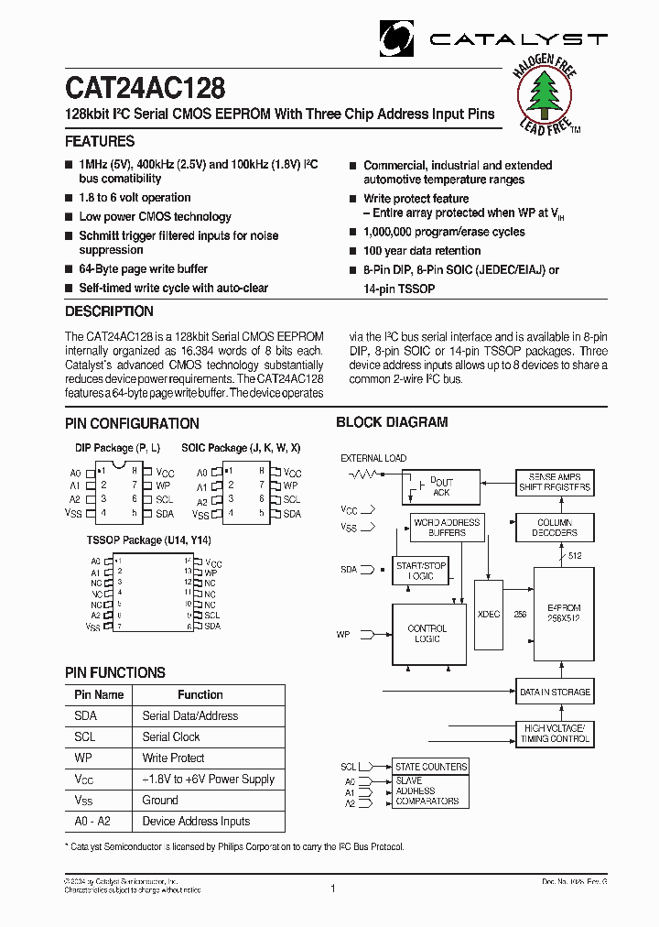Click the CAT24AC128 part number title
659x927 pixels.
(146, 88)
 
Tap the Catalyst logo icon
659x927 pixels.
(397, 38)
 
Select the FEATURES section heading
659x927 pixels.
(100, 141)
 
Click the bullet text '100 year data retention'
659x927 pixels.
(422, 251)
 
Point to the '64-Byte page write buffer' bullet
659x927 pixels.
(143, 269)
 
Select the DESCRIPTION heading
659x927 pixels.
(108, 311)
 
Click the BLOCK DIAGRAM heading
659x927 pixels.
(392, 422)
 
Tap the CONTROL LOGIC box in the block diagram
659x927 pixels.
(427, 634)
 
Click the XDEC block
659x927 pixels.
(489, 614)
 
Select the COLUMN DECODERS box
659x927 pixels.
(555, 528)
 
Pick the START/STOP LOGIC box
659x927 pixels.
(421, 571)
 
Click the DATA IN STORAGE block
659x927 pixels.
(555, 693)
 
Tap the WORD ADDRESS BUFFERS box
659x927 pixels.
(447, 528)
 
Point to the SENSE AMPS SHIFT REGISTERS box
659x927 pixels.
(555, 483)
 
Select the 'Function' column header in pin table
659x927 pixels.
(200, 695)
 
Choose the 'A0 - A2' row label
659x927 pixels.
(92, 822)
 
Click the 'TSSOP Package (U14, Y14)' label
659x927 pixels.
(149, 540)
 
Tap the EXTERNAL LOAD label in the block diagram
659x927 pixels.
(373, 458)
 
